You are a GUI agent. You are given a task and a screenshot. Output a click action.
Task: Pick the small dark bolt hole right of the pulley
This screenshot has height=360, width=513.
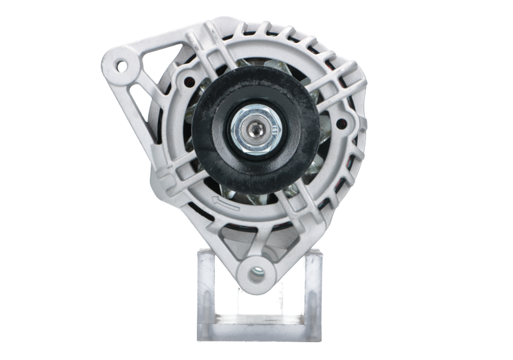pos(341,121)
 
